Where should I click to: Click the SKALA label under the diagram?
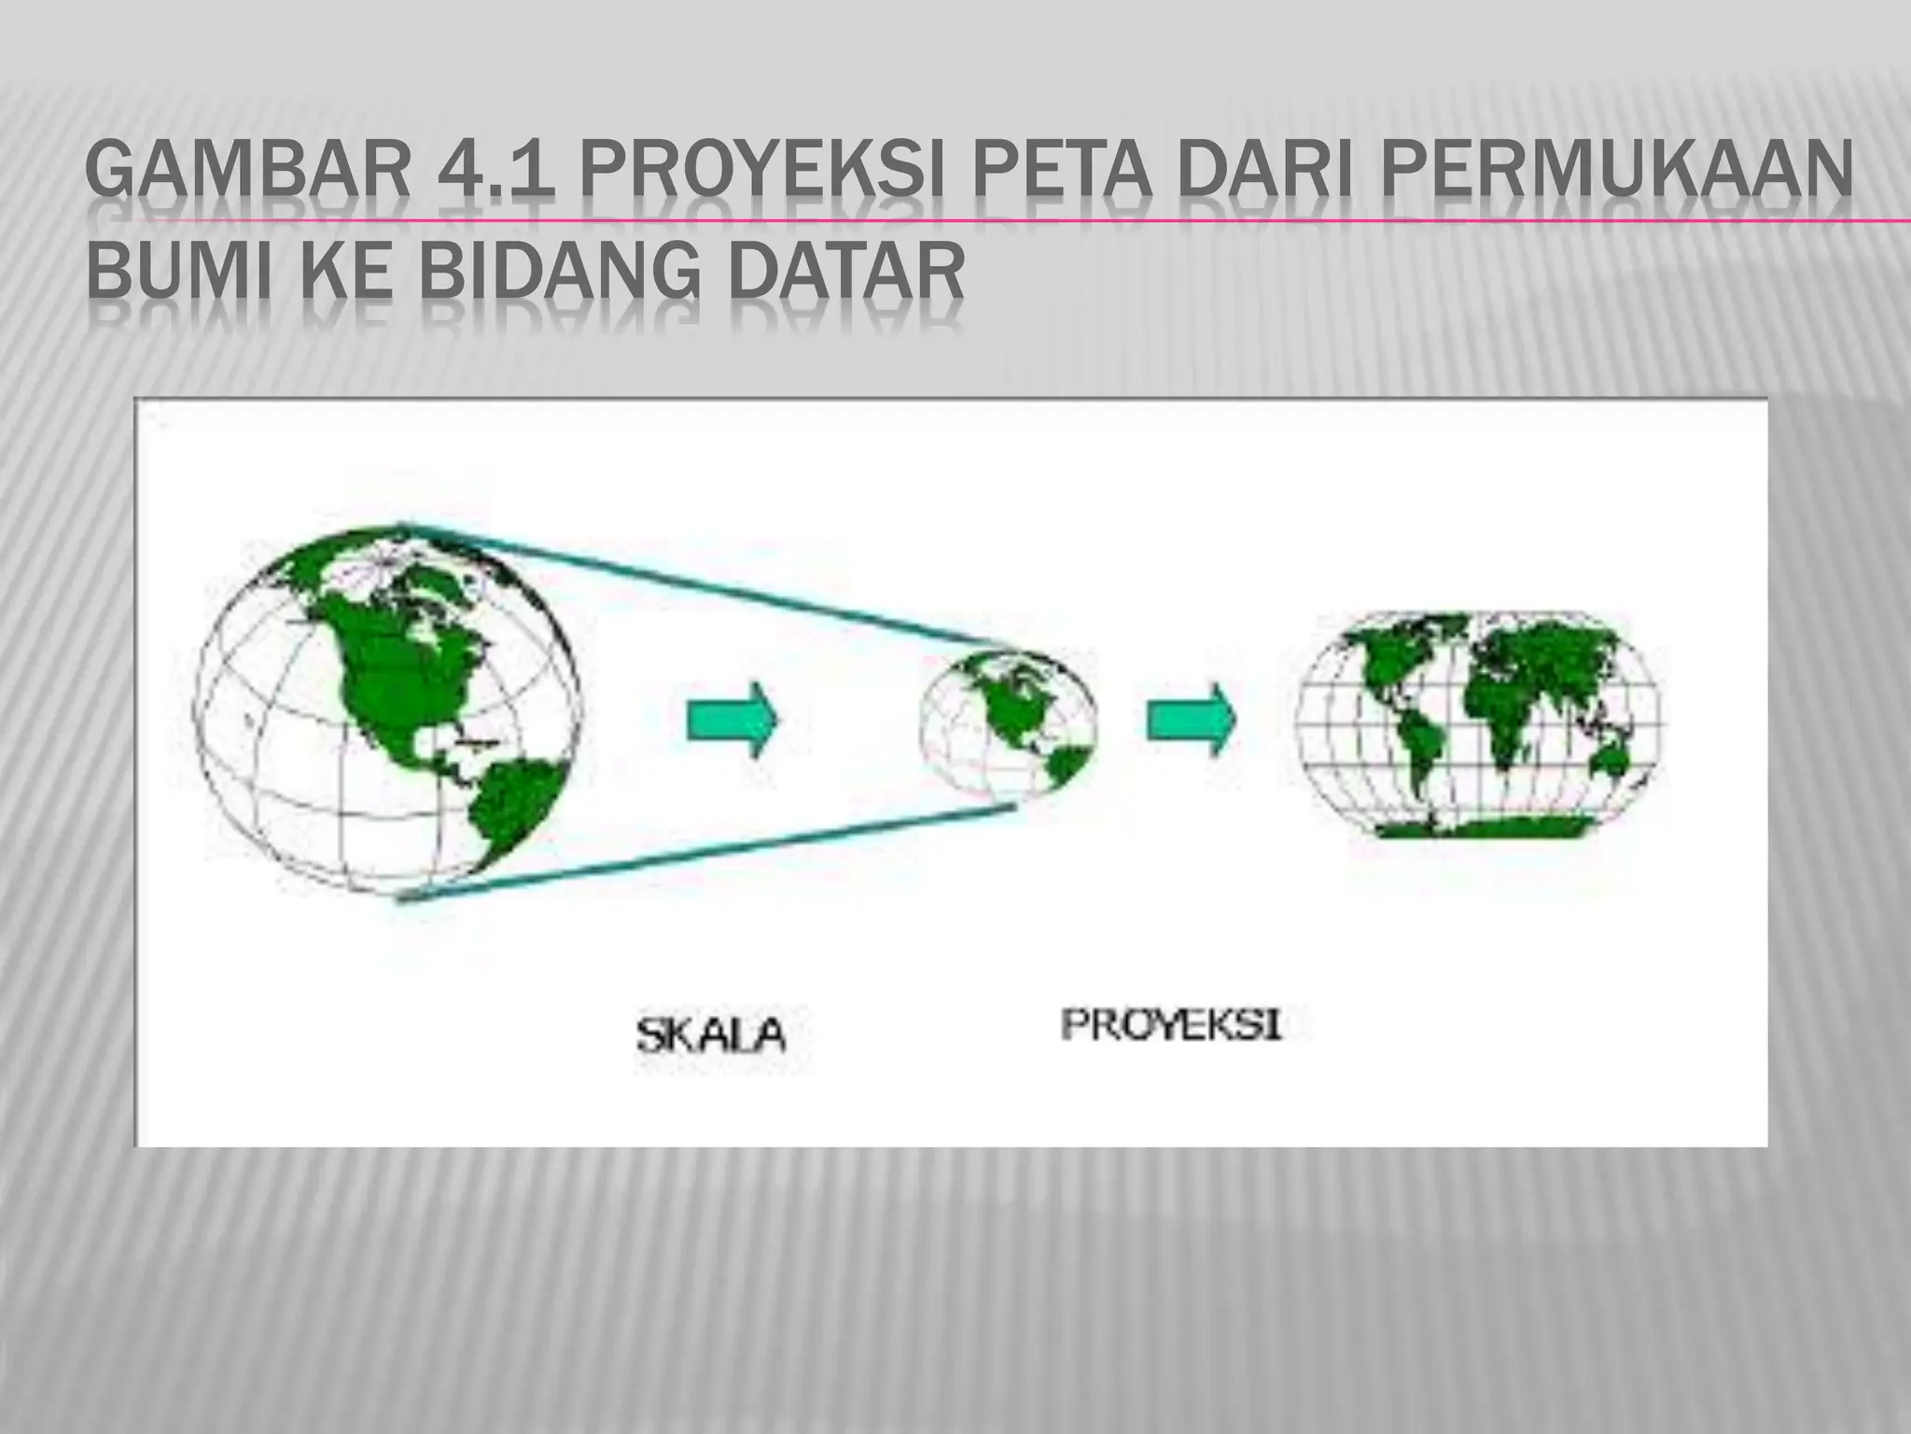point(711,1034)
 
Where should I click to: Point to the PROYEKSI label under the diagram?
point(1171,1026)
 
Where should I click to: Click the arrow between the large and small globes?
point(732,721)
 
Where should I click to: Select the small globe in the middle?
point(1008,721)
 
